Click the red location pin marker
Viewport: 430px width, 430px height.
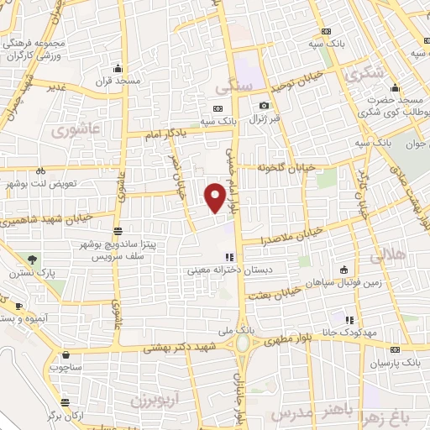click(x=216, y=196)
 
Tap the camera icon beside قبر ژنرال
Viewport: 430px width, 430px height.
click(x=264, y=107)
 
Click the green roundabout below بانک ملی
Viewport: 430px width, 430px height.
click(x=243, y=343)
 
